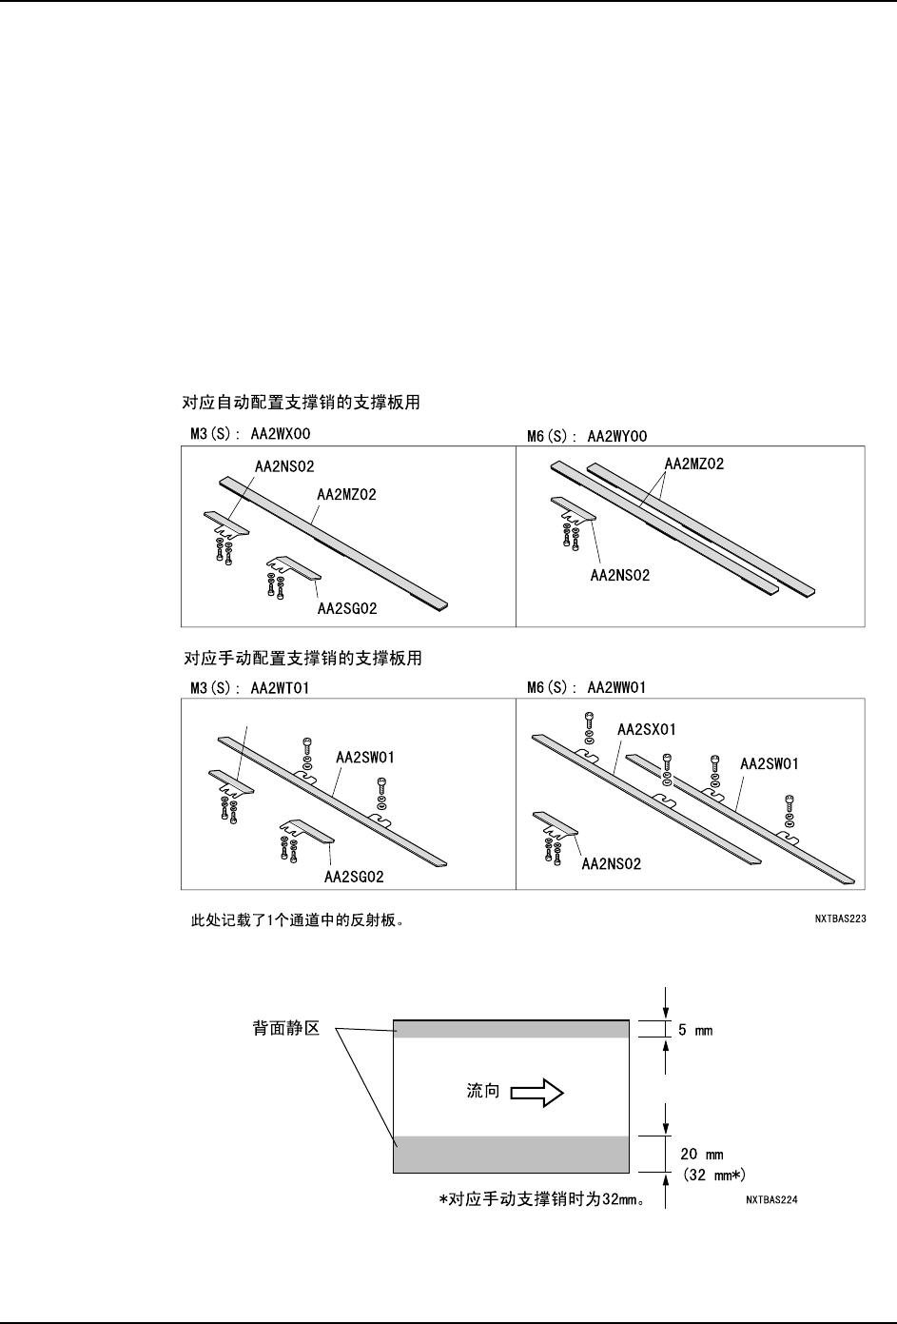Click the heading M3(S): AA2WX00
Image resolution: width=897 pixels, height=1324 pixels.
click(251, 434)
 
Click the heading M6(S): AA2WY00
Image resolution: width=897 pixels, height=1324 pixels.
click(587, 437)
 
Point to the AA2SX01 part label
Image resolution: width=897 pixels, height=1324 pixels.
click(647, 730)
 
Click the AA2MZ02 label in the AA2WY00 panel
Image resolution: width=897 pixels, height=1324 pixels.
click(694, 464)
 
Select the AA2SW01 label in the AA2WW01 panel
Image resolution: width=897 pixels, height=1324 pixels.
click(769, 763)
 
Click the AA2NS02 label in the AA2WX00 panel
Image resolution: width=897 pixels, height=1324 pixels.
click(284, 466)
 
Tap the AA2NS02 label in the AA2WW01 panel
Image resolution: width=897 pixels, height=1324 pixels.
click(612, 864)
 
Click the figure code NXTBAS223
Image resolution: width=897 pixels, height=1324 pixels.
click(838, 919)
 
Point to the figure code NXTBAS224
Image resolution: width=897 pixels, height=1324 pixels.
click(771, 1200)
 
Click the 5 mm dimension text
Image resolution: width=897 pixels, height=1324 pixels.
click(695, 1030)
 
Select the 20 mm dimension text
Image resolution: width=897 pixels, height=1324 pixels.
click(701, 1155)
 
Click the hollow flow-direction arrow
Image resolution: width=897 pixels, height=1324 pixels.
click(537, 1093)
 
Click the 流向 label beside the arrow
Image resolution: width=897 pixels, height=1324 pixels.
click(483, 1092)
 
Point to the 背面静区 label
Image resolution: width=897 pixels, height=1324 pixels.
click(285, 1030)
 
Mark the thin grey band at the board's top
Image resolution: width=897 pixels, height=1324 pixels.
click(511, 1029)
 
